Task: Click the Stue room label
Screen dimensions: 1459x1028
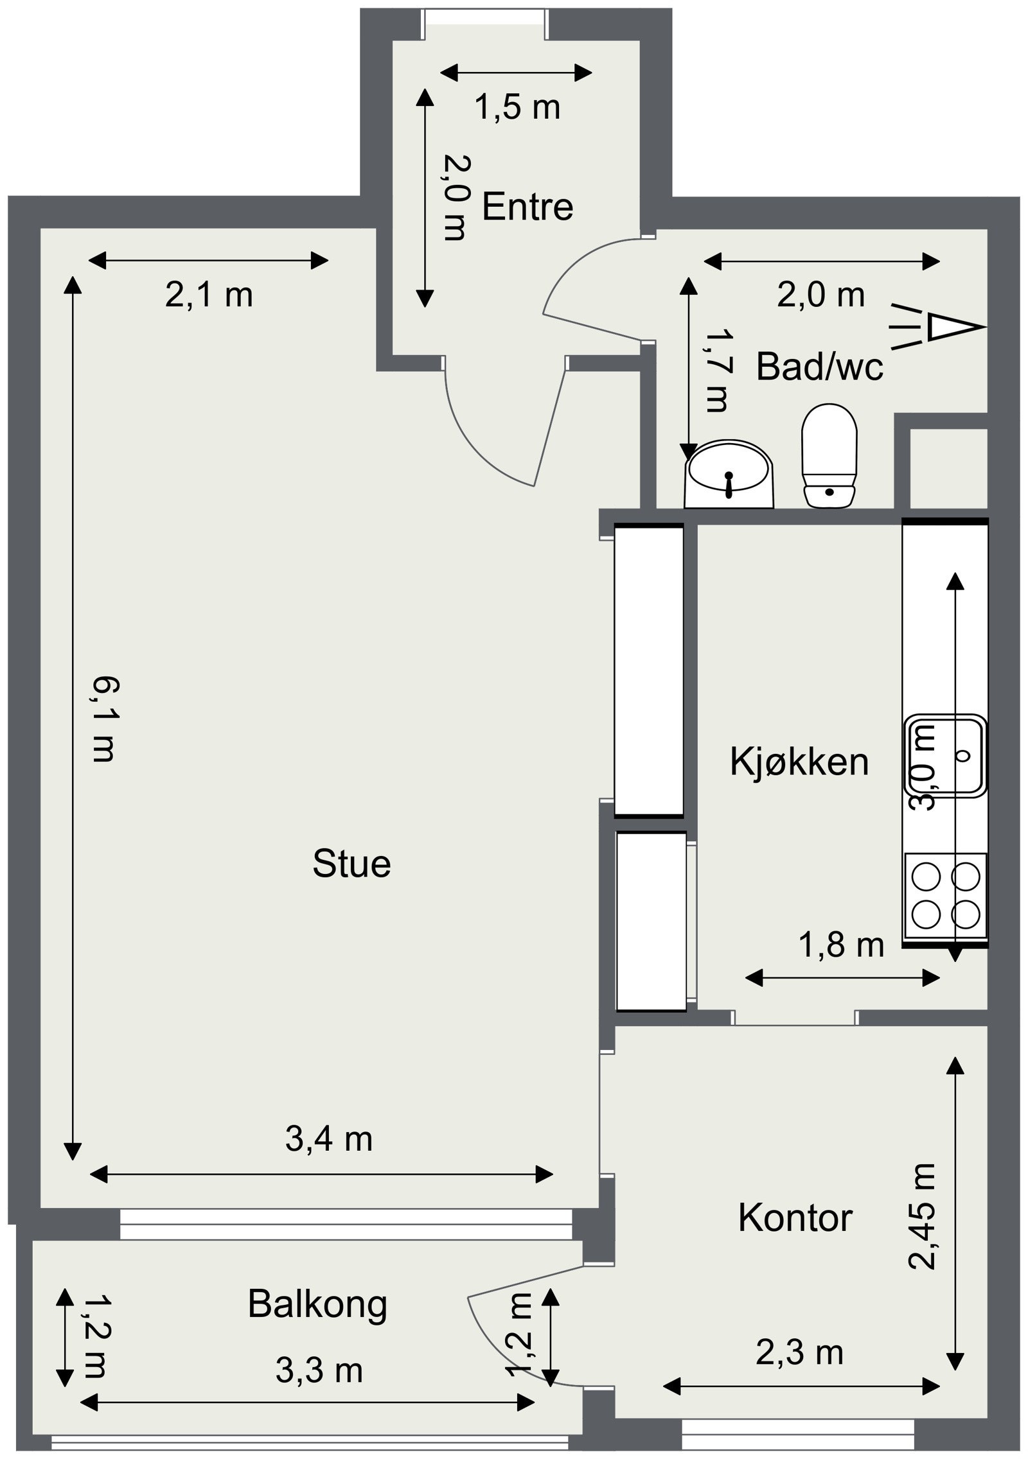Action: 351,864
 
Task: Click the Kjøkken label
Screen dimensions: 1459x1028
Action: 799,762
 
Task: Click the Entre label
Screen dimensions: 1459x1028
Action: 527,207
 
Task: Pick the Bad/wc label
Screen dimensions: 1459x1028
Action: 819,367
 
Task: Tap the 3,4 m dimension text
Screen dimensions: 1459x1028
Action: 328,1139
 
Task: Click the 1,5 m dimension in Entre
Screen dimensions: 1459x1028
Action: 517,107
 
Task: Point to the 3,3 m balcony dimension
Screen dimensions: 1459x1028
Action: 319,1371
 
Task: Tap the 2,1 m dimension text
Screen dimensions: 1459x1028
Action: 209,295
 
